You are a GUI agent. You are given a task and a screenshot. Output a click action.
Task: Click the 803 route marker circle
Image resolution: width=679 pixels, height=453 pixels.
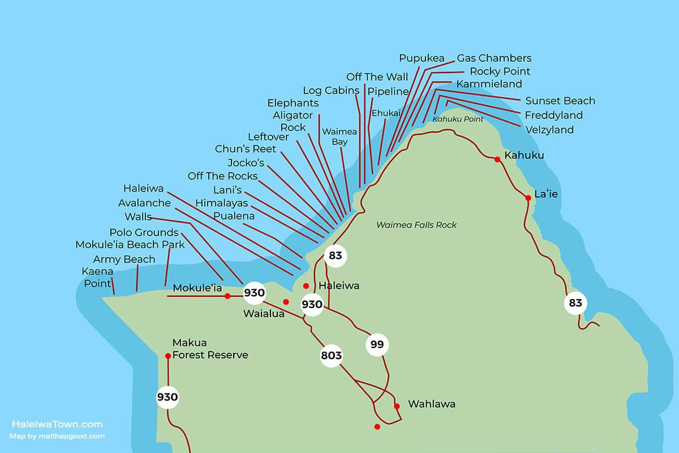(331, 356)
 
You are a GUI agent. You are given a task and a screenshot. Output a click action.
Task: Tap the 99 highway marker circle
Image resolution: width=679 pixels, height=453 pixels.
(377, 344)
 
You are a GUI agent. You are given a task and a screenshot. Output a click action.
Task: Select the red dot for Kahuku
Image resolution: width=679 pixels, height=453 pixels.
(497, 159)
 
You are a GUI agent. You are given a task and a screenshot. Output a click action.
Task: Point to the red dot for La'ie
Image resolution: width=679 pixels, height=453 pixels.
(528, 198)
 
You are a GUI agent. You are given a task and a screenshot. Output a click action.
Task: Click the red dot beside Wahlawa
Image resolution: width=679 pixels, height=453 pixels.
(397, 406)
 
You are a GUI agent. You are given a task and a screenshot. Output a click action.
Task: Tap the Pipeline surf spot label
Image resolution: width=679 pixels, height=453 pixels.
(388, 91)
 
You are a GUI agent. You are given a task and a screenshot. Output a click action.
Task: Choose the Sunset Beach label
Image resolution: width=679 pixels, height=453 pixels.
(560, 101)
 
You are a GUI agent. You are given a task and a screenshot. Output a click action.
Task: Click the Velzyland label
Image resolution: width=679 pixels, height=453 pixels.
(549, 130)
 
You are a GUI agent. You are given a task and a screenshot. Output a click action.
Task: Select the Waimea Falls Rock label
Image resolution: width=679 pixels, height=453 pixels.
(416, 225)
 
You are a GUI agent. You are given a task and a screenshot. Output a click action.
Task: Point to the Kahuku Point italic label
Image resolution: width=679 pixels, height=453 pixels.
(458, 119)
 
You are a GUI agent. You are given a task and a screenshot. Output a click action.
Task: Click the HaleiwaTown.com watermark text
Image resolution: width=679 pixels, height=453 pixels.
(57, 424)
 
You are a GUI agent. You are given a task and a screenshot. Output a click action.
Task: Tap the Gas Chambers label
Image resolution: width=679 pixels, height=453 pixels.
(494, 58)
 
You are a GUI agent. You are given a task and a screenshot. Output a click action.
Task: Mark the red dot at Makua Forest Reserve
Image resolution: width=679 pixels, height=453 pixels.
(168, 356)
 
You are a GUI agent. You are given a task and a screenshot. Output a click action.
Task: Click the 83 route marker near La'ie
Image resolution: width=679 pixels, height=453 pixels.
(575, 303)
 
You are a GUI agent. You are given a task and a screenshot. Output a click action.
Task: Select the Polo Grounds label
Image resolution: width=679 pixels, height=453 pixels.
(144, 232)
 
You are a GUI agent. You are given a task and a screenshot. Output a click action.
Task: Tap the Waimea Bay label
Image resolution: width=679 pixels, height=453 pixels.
(339, 136)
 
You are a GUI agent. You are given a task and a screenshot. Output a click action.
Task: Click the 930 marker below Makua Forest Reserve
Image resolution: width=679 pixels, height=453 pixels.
(167, 398)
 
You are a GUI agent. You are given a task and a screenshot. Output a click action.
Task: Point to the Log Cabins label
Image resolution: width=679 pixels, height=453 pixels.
(331, 90)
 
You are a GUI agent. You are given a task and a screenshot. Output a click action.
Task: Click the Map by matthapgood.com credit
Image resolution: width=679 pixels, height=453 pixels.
(57, 436)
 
